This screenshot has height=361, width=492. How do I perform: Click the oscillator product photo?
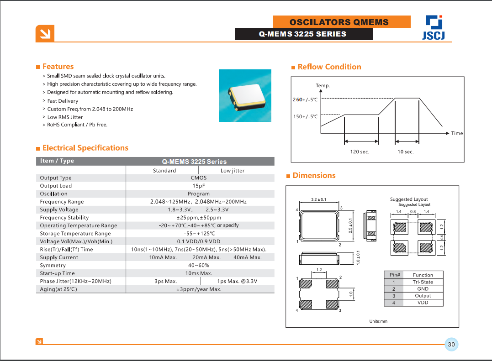point(245,95)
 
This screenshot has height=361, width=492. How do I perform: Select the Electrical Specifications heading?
point(85,148)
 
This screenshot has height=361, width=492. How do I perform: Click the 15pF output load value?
point(199,186)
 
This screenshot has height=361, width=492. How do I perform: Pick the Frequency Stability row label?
point(64,218)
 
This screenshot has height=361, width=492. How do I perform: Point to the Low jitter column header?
point(233,171)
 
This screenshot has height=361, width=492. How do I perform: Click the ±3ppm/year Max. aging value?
point(199,289)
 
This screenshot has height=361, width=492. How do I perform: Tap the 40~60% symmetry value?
point(199,265)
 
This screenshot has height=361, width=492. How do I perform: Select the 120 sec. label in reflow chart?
point(360,152)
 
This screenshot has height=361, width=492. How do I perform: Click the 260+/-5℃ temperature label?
point(305,99)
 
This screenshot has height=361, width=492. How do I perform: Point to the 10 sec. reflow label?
point(406,152)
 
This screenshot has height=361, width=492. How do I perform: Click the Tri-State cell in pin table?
point(423,282)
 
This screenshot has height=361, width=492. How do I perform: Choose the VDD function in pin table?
point(423,303)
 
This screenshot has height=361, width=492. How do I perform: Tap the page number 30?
point(451,345)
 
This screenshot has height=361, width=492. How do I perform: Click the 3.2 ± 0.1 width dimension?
point(318,200)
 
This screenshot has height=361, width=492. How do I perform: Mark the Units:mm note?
point(378,321)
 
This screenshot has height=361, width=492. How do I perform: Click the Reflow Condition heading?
point(329,67)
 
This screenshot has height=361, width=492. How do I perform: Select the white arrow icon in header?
point(45,34)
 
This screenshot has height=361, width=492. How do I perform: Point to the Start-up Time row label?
point(58,273)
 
